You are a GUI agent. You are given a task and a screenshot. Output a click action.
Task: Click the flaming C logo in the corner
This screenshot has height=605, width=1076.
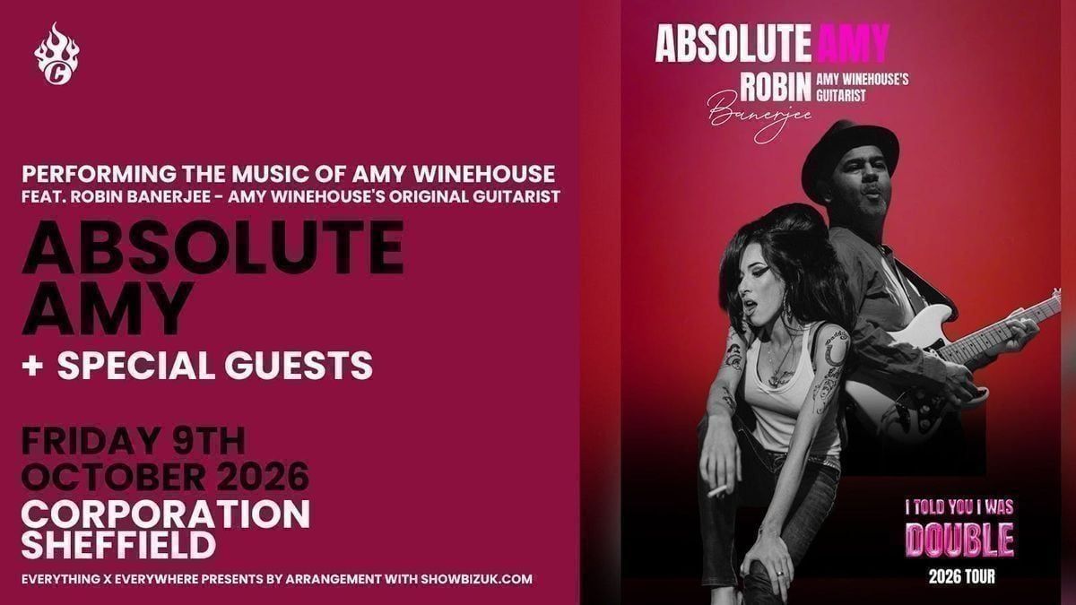56,54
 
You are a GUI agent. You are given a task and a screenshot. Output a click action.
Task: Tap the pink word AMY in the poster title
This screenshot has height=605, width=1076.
853,43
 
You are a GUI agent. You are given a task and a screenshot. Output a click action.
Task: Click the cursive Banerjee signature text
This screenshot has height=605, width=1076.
759,117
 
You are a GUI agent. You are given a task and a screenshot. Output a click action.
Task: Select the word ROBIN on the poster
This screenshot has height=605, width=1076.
776,87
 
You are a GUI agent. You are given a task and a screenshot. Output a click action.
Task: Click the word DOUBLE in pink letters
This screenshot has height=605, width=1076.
959,540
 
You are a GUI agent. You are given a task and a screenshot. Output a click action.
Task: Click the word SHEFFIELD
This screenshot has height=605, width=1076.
118,545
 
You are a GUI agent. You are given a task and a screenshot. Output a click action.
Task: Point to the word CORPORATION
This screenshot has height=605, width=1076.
166,514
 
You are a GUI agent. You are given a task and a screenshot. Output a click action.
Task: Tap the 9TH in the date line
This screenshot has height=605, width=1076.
209,441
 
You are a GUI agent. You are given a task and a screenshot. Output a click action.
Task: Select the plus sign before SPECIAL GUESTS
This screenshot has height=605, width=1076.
33,366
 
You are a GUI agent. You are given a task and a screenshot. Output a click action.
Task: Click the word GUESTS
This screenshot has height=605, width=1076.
299,366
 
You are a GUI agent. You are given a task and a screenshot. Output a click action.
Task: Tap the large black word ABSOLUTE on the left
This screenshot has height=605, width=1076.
213,246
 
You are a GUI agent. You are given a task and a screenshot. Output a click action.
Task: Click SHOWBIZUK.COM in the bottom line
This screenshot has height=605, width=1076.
476,579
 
